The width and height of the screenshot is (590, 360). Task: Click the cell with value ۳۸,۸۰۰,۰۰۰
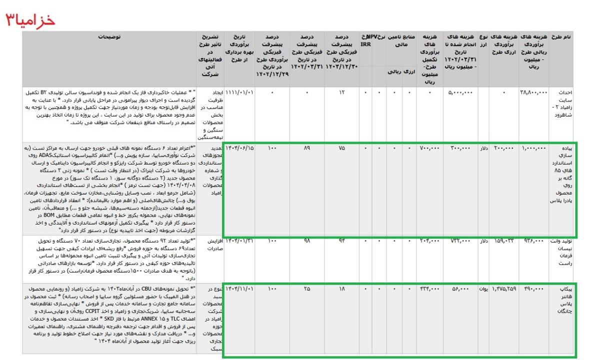pos(534,92)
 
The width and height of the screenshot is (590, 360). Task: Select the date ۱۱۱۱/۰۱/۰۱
pos(240,92)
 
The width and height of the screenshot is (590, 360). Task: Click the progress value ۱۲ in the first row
pos(341,92)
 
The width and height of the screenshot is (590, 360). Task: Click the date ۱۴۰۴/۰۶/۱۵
pos(240,148)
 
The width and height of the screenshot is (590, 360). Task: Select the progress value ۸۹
pos(307,148)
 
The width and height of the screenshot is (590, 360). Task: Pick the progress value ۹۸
pos(307,241)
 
